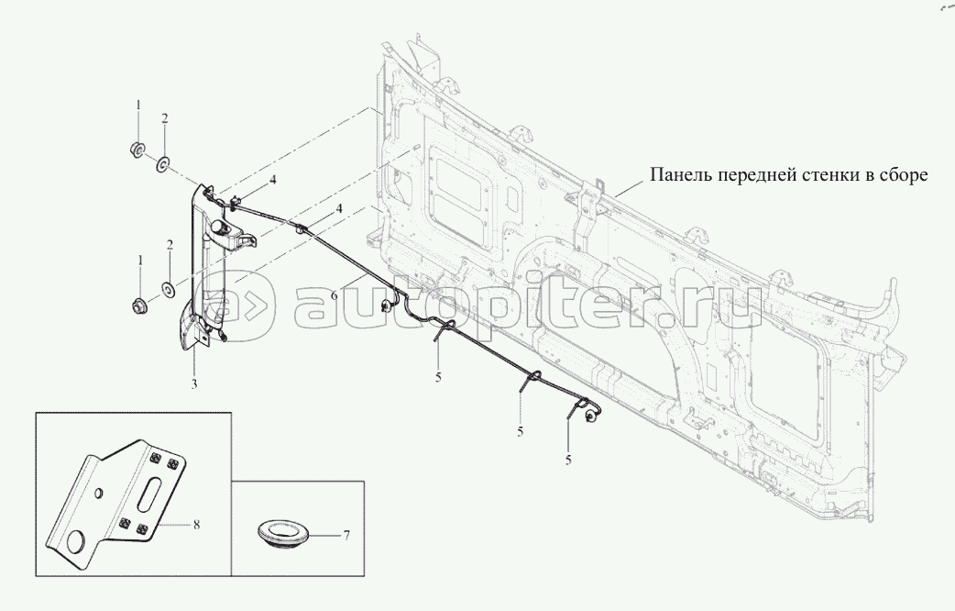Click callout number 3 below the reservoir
tap(194, 383)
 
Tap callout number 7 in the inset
tap(346, 536)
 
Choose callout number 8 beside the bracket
tap(196, 524)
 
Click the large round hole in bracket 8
tap(77, 541)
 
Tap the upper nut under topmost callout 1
tap(137, 149)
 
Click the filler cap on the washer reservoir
tap(220, 227)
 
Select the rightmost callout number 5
tap(568, 461)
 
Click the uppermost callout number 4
tap(273, 180)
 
